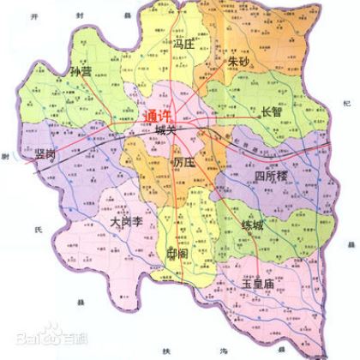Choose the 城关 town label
click(165, 131)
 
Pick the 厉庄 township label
click(185, 162)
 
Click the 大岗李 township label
click(126, 222)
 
